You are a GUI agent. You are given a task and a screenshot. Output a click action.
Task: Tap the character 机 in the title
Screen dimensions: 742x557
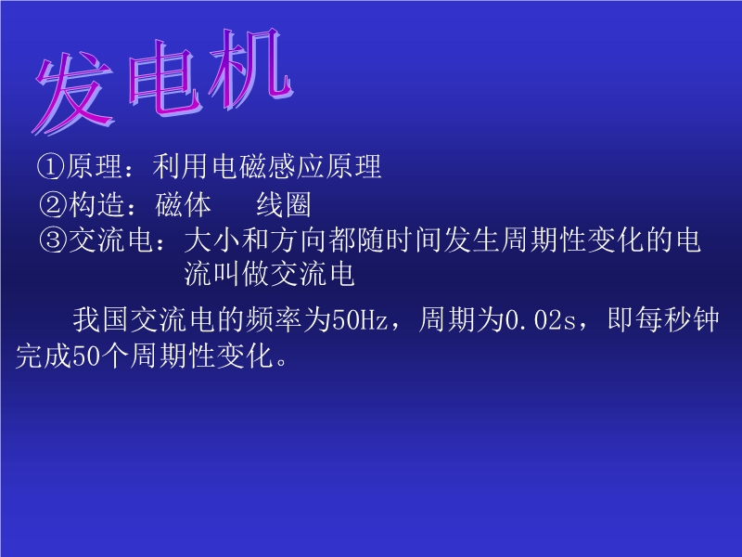tap(249, 69)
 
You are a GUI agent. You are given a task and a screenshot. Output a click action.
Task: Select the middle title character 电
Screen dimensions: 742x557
tap(162, 78)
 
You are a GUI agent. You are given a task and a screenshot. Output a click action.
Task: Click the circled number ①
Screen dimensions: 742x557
tap(50, 167)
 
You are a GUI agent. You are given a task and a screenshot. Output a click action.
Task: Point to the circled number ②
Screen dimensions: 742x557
tap(53, 204)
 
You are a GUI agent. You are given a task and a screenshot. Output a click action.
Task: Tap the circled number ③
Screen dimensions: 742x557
tap(53, 240)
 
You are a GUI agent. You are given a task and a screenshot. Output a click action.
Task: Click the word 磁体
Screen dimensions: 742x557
tap(183, 204)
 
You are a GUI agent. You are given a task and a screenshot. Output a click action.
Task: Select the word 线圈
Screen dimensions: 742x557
tap(284, 204)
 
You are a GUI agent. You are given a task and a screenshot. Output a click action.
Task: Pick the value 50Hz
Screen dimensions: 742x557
tap(360, 319)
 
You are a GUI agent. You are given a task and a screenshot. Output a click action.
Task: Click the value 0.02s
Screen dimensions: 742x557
tap(541, 319)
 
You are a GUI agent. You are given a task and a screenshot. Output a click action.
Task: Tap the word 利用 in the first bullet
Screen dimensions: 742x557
tap(181, 166)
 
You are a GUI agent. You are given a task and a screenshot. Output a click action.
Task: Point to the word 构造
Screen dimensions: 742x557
tap(96, 204)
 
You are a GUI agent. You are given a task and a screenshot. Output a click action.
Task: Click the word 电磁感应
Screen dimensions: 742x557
tap(267, 166)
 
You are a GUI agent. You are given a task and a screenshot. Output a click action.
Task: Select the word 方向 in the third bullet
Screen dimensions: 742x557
tap(299, 240)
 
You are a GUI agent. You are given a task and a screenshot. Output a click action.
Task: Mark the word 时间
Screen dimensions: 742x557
tap(415, 240)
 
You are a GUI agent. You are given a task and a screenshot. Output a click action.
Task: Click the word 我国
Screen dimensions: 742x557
tap(101, 319)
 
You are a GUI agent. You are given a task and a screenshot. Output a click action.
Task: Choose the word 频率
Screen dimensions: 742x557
tap(274, 319)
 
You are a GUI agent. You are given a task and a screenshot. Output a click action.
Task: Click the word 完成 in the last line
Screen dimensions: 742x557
tap(44, 356)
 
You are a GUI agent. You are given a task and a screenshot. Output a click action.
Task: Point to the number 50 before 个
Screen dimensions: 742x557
tap(86, 356)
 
